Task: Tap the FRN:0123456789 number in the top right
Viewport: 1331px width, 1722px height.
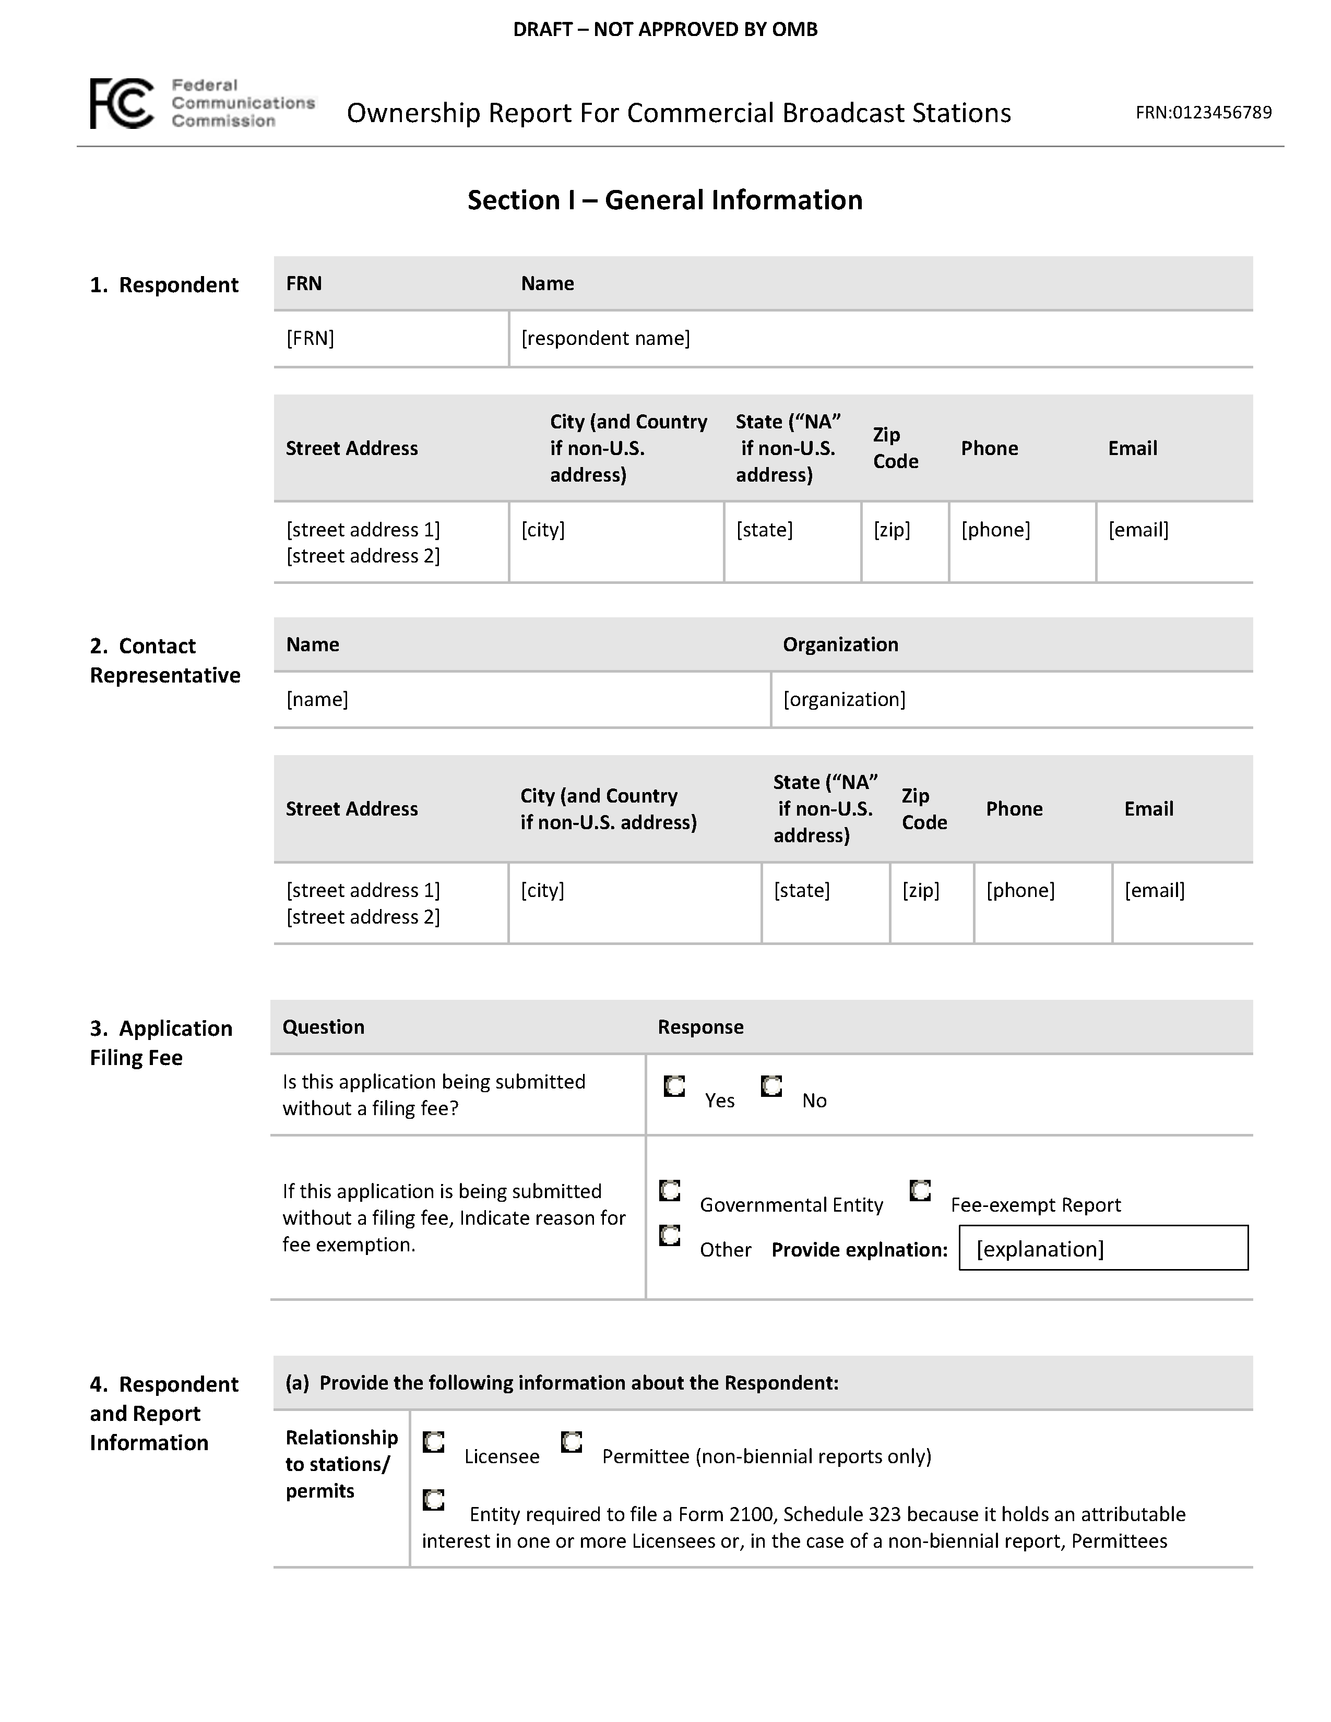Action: (1203, 113)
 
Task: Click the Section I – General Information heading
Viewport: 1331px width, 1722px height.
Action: (664, 200)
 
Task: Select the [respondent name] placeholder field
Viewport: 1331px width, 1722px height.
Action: (605, 338)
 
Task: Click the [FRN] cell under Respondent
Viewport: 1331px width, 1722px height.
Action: (311, 338)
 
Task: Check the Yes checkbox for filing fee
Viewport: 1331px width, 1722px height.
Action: (674, 1086)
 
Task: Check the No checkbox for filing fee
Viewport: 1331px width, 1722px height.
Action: (771, 1086)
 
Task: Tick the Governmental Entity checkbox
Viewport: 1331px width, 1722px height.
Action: (670, 1191)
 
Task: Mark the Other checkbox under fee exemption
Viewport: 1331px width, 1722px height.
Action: (670, 1236)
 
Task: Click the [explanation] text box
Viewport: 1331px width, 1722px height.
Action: (1103, 1249)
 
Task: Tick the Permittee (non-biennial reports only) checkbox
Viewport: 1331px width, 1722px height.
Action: (572, 1442)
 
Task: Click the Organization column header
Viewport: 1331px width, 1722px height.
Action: (840, 645)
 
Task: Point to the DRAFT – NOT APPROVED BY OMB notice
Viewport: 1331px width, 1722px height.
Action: (664, 30)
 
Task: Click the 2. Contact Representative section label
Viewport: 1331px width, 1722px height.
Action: (165, 661)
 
